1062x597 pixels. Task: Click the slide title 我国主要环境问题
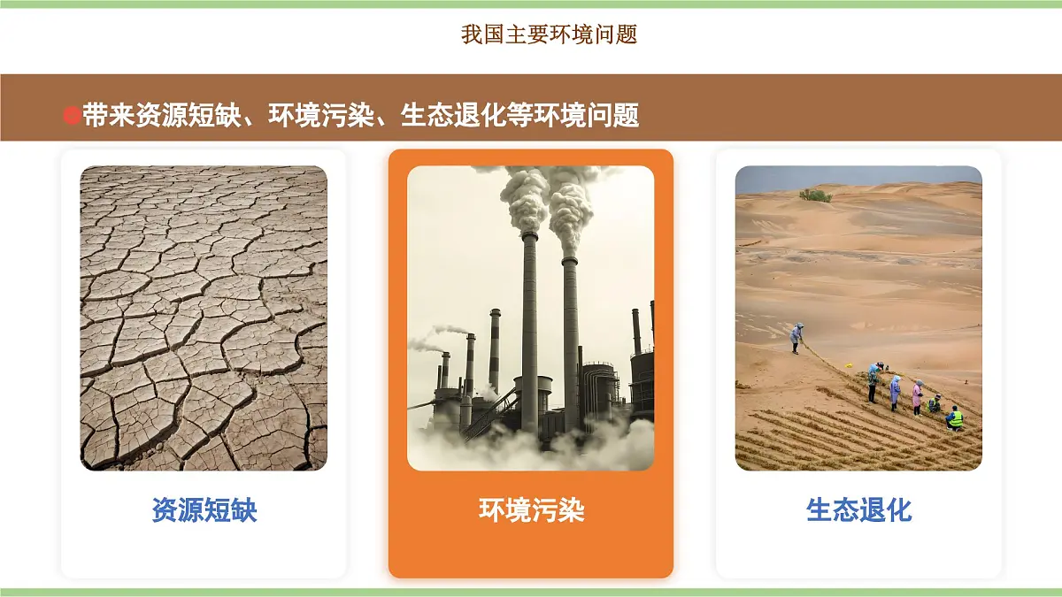point(549,35)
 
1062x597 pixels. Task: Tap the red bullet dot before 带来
point(72,116)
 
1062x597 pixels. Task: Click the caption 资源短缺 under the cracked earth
point(204,510)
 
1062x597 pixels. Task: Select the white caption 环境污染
point(531,510)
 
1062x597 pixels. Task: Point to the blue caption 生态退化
point(858,510)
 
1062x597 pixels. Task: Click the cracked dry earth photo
point(204,318)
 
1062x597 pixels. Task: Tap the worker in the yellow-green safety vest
point(954,418)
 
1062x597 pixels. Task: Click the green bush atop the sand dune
point(815,195)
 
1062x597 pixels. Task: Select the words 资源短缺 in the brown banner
point(189,116)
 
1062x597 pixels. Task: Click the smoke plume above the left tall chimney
point(525,199)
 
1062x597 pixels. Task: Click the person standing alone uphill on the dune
point(797,337)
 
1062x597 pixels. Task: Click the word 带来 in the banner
point(109,116)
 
